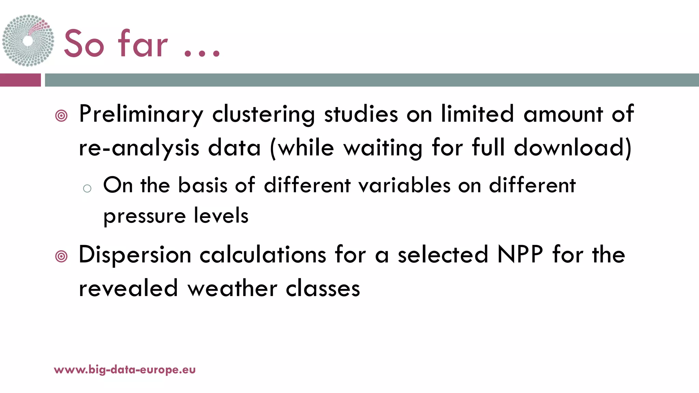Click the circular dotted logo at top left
click(28, 40)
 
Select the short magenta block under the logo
click(20, 80)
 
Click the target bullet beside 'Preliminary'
click(61, 116)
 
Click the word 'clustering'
click(263, 115)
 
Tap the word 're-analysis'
click(139, 148)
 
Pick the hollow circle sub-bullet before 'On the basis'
click(87, 188)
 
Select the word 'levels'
click(221, 216)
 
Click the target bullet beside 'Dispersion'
click(61, 256)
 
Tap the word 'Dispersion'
click(135, 256)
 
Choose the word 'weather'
click(232, 289)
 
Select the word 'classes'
click(323, 289)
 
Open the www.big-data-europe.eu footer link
click(125, 370)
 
